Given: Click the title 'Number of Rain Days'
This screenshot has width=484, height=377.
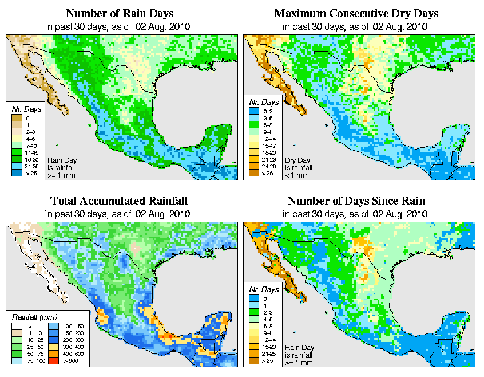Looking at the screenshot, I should pyautogui.click(x=120, y=13).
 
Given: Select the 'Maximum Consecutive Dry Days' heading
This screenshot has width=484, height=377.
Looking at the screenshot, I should pyautogui.click(x=356, y=13).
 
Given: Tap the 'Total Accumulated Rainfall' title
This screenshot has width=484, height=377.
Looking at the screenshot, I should pyautogui.click(x=119, y=201).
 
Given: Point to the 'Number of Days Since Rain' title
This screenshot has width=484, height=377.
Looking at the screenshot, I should pyautogui.click(x=356, y=201).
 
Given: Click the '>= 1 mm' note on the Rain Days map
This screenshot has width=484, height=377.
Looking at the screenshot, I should pyautogui.click(x=61, y=175).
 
